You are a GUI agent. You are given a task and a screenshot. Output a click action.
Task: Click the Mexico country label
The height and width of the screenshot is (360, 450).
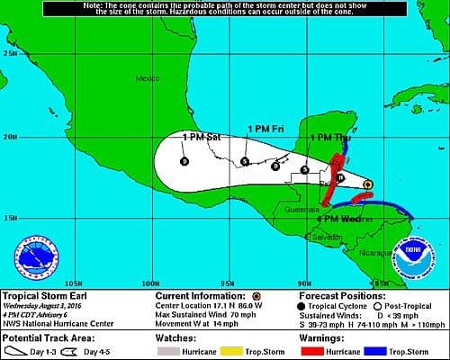tap(146, 78)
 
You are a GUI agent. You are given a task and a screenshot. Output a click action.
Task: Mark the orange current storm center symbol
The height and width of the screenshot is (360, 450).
tap(368, 184)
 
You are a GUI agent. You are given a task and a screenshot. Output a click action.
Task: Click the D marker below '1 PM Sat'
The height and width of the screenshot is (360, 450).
tap(184, 161)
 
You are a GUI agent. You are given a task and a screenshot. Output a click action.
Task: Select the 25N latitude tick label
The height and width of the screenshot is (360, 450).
tap(10, 53)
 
